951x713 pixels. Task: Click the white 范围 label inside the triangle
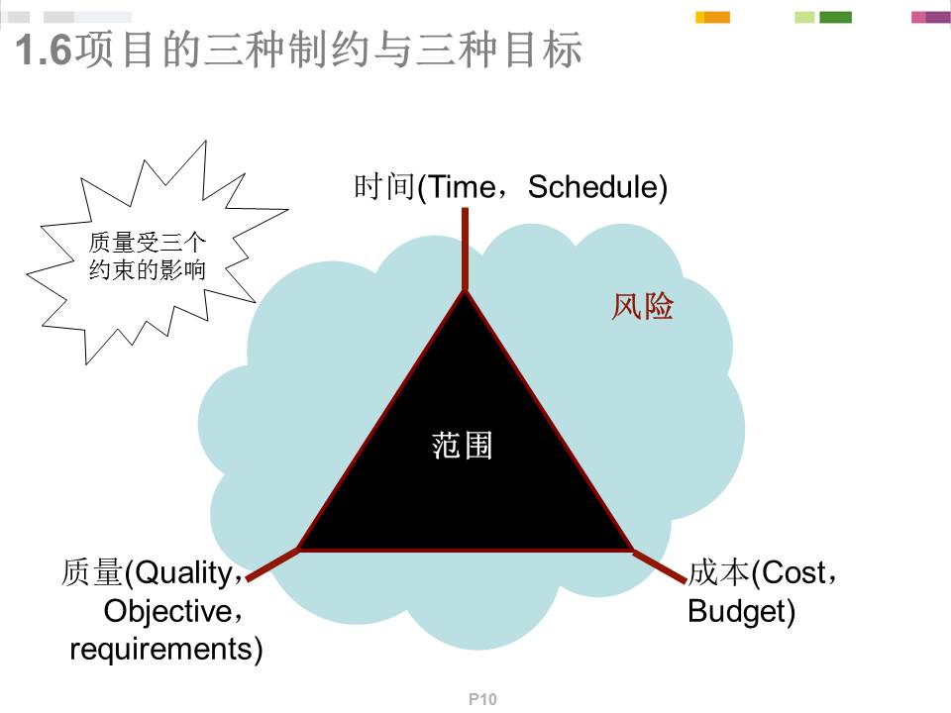coord(463,446)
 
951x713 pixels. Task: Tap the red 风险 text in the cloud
coord(642,306)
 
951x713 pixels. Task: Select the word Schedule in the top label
coord(593,187)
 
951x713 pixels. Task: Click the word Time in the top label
coord(461,187)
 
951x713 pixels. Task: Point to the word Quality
coord(184,573)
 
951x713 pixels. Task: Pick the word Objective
coord(168,611)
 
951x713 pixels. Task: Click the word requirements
coord(161,650)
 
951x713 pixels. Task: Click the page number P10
coord(482,699)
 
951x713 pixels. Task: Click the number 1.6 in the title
coord(44,50)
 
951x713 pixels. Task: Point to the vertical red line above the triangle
coord(466,250)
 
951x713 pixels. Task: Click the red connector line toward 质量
coord(273,563)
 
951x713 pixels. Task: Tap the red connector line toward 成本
coord(660,566)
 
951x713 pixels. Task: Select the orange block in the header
coord(717,18)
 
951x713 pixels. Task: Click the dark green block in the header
coord(836,18)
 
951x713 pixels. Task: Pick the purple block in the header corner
coord(938,18)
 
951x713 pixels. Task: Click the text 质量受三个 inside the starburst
coord(148,243)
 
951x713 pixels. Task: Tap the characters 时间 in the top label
coord(384,187)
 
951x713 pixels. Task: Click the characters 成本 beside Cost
coord(719,572)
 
